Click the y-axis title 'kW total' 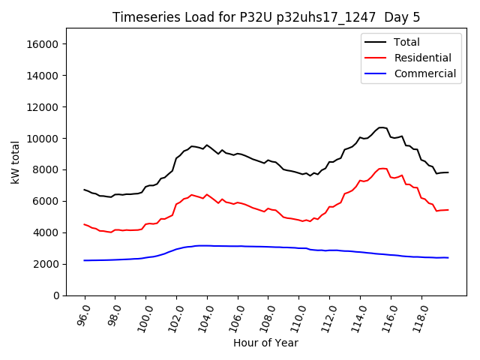tap(16, 162)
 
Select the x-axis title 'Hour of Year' tap(265, 343)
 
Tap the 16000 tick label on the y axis tap(43, 44)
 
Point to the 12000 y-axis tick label tap(43, 107)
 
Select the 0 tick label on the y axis tap(56, 295)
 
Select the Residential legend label tap(422, 58)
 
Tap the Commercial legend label tap(424, 73)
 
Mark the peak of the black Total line tap(382, 127)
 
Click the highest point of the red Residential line tap(382, 168)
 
